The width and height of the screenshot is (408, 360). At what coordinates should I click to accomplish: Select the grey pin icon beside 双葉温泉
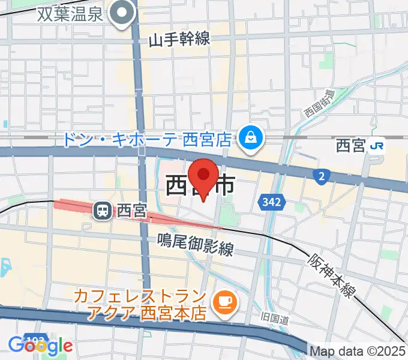pyautogui.click(x=124, y=13)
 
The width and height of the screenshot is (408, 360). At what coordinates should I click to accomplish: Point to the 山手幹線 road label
pyautogui.click(x=179, y=40)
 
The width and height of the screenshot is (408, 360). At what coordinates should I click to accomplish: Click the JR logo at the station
pyautogui.click(x=378, y=146)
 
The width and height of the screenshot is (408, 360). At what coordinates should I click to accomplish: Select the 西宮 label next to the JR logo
pyautogui.click(x=351, y=146)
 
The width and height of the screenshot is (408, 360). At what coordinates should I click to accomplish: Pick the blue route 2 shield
pyautogui.click(x=322, y=175)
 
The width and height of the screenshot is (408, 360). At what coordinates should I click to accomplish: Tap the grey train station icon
pyautogui.click(x=103, y=210)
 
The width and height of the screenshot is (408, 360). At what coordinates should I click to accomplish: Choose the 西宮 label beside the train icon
pyautogui.click(x=131, y=211)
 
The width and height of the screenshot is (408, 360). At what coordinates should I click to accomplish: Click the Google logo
pyautogui.click(x=40, y=346)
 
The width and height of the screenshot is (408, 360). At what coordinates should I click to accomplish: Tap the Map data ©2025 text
pyautogui.click(x=358, y=350)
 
